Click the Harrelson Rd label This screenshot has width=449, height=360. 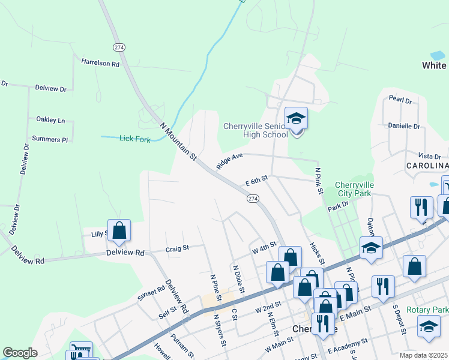(100, 62)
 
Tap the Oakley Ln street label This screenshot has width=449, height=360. (50, 120)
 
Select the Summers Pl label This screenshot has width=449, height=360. (50, 139)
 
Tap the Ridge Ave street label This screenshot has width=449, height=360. (229, 161)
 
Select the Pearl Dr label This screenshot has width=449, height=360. (400, 100)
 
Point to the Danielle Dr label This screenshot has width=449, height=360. (404, 126)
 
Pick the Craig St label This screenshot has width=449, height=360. (177, 247)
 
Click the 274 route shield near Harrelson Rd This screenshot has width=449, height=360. (118, 46)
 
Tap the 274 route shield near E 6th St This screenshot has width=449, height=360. (253, 198)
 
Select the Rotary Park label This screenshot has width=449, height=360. (427, 310)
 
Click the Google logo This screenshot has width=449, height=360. (20, 352)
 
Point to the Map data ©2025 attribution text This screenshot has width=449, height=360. (424, 355)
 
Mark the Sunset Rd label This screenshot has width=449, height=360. (151, 292)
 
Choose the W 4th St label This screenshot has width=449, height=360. (264, 246)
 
